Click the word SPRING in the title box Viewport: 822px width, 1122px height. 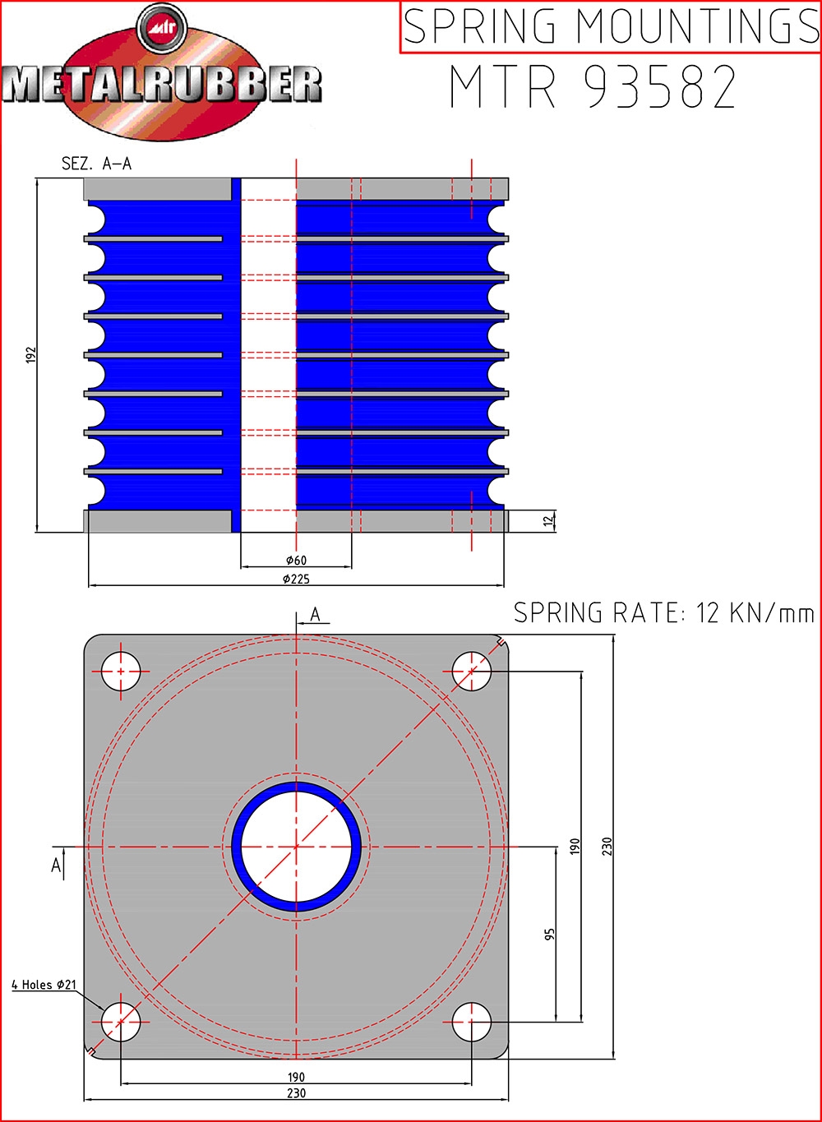click(x=479, y=26)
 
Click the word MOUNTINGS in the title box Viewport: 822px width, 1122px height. click(x=697, y=26)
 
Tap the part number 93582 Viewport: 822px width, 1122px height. click(x=661, y=86)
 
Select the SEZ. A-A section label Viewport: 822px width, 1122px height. click(x=97, y=164)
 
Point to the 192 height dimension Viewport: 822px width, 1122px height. click(x=31, y=354)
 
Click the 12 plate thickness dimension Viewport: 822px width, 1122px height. click(x=549, y=520)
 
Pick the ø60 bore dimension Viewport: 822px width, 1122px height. click(x=296, y=560)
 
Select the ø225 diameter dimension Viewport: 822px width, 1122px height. click(x=296, y=579)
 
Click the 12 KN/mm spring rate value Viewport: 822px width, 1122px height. click(x=755, y=612)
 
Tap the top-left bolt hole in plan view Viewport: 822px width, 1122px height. click(x=121, y=672)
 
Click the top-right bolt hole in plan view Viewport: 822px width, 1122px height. click(x=471, y=672)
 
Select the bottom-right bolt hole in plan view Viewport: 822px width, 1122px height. click(x=471, y=1022)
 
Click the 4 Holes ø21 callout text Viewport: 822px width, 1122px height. click(x=44, y=984)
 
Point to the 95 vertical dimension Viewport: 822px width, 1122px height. click(x=550, y=934)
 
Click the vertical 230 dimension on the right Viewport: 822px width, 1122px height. click(x=607, y=846)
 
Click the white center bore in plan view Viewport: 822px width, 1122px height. click(x=296, y=847)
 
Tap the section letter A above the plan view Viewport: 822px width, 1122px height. click(x=315, y=614)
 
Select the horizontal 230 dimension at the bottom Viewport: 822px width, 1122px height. click(x=296, y=1092)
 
